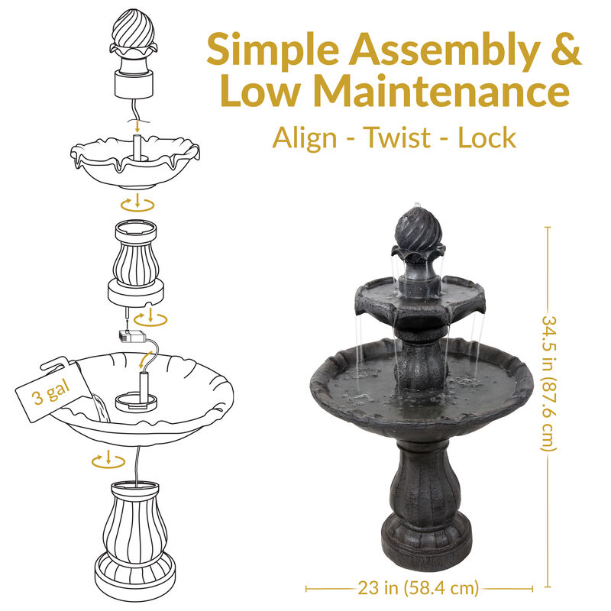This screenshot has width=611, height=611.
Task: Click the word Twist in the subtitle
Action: [x=396, y=138]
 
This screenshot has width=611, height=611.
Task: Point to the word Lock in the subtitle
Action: [x=487, y=138]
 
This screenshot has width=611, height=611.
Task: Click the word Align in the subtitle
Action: [x=305, y=138]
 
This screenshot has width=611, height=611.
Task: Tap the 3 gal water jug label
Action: [x=47, y=395]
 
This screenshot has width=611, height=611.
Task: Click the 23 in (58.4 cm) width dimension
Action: [x=419, y=588]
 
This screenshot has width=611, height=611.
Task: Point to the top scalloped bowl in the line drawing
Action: [x=134, y=163]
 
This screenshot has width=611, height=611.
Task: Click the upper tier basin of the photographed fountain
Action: [x=419, y=298]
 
